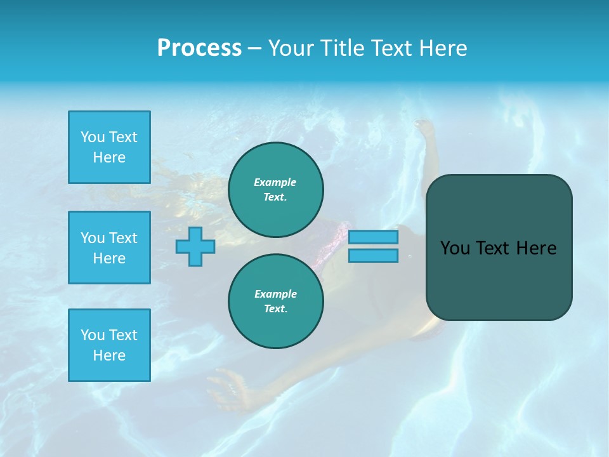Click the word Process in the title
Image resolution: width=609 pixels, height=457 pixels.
click(x=199, y=48)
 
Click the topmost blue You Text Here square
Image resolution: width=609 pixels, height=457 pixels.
click(x=109, y=147)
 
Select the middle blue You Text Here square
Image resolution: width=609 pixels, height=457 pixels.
click(x=109, y=248)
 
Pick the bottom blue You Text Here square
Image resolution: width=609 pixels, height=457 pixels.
click(x=109, y=345)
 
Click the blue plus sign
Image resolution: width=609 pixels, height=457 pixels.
click(x=195, y=246)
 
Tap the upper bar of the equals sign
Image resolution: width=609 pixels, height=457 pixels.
click(x=373, y=237)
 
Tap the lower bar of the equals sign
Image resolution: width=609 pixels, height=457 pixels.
click(x=373, y=256)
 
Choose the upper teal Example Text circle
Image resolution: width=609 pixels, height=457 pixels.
click(x=275, y=189)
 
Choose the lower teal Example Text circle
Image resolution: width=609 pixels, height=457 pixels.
click(x=275, y=301)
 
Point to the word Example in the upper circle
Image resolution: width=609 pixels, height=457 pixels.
click(x=275, y=182)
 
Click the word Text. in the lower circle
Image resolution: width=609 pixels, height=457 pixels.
click(x=275, y=308)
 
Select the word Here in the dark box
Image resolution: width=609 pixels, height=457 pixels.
click(x=536, y=248)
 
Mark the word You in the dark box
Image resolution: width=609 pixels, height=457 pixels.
click(x=454, y=248)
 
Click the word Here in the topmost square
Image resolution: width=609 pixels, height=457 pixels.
click(x=109, y=157)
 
